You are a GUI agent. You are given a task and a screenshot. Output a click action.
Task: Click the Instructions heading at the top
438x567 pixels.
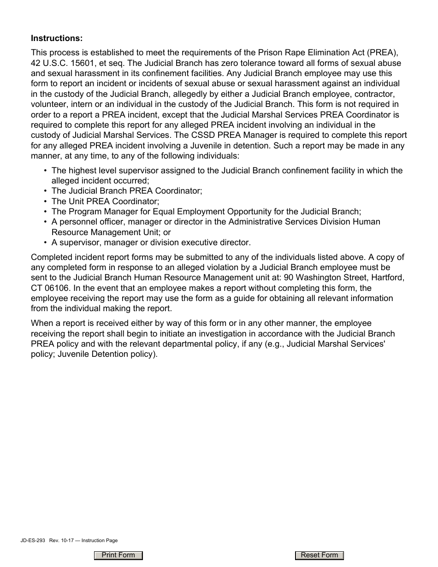pos(57,37)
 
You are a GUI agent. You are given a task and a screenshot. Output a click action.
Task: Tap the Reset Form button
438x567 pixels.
pos(319,555)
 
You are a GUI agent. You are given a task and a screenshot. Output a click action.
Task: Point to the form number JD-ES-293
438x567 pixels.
pos(33,540)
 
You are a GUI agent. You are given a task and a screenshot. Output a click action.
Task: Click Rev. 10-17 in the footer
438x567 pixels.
pos(60,540)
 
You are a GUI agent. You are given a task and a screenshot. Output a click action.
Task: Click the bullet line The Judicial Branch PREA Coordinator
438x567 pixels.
pos(127,191)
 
